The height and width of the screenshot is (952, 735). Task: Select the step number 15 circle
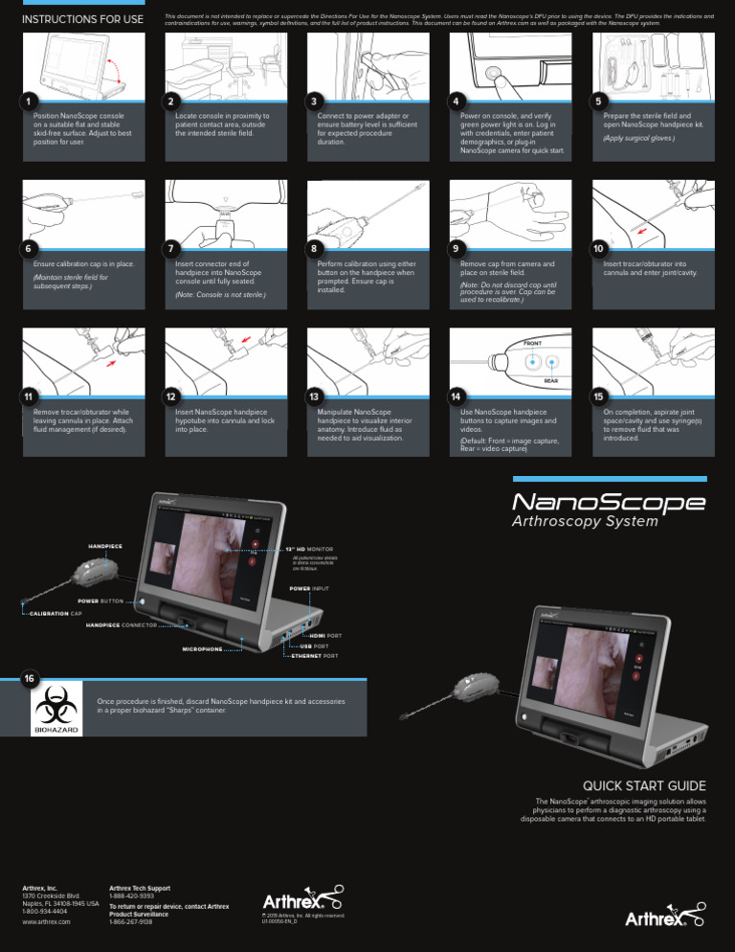(x=598, y=397)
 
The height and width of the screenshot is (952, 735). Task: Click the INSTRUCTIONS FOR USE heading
(x=82, y=19)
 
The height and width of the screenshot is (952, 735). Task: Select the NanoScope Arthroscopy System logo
(x=610, y=509)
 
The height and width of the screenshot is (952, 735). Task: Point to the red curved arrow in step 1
(x=116, y=69)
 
